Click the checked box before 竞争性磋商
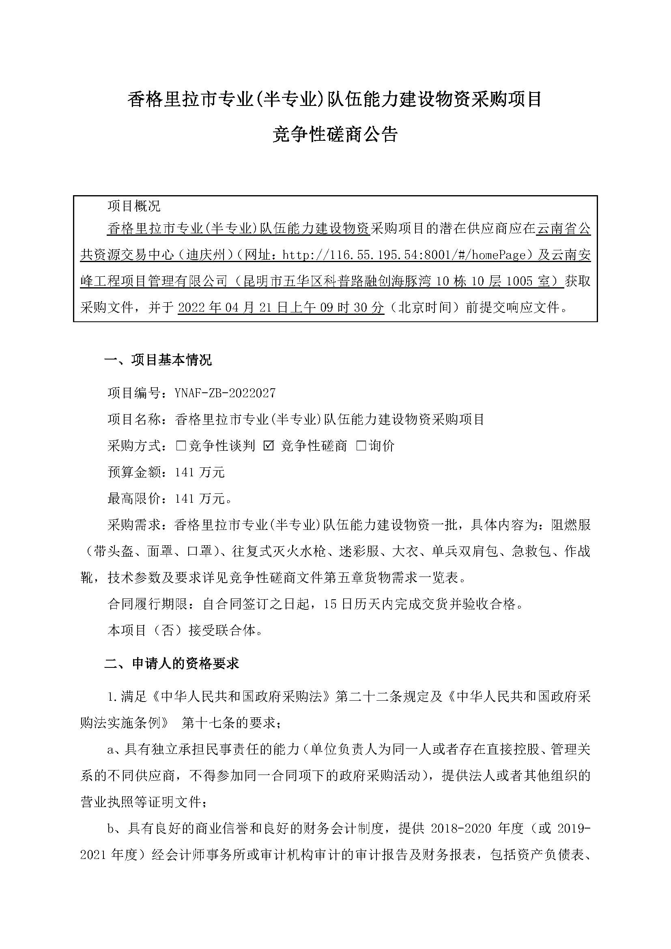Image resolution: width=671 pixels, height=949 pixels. (x=269, y=445)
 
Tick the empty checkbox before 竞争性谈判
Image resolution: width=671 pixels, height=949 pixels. (x=181, y=445)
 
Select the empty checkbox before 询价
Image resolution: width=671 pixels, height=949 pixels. (x=361, y=445)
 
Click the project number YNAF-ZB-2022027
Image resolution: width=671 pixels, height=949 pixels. (x=225, y=393)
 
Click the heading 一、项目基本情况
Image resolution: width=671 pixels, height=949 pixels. (x=158, y=359)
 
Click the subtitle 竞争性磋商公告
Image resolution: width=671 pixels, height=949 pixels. (x=335, y=134)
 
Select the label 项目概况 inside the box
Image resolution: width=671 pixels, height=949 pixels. (x=134, y=205)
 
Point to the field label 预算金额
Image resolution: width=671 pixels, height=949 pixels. (x=134, y=472)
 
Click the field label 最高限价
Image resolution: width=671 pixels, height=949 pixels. (x=134, y=499)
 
